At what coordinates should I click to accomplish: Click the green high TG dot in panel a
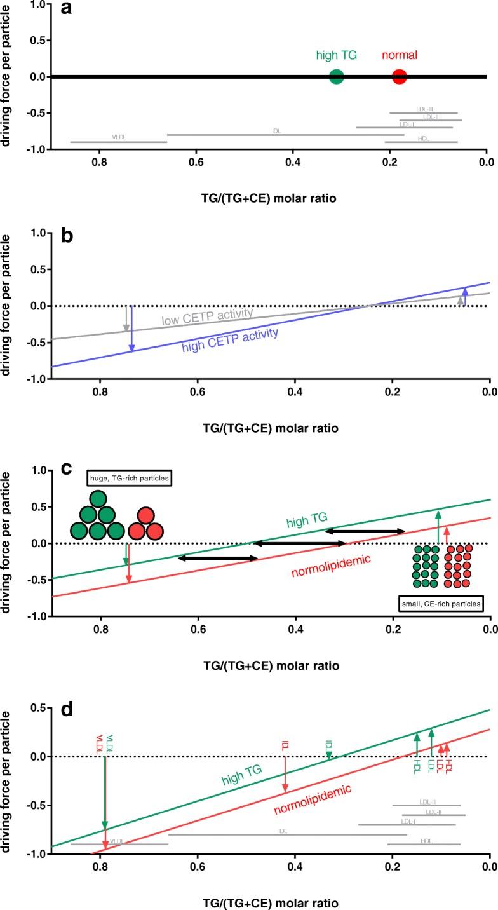(337, 77)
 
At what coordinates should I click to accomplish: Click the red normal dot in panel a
(399, 77)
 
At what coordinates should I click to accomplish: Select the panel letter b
(66, 238)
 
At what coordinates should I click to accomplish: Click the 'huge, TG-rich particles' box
(132, 477)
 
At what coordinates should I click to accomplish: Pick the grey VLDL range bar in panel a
(118, 142)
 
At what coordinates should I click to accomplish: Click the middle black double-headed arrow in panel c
(299, 525)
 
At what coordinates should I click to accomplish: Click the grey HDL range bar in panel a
(421, 142)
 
